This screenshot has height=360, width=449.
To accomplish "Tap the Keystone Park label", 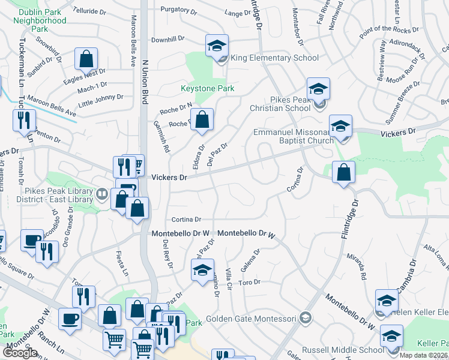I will (x=207, y=89).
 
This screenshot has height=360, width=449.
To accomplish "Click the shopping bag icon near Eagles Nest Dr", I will (x=86, y=59).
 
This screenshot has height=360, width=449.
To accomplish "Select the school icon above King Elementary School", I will (x=217, y=45).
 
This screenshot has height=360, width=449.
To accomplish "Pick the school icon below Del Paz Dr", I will (x=203, y=270).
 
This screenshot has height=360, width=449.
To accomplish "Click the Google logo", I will (x=20, y=353).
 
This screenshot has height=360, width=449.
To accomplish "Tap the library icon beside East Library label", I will (x=101, y=194).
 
